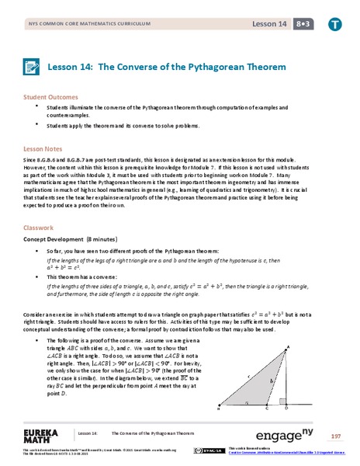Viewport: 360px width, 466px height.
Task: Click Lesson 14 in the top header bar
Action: (x=266, y=23)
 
